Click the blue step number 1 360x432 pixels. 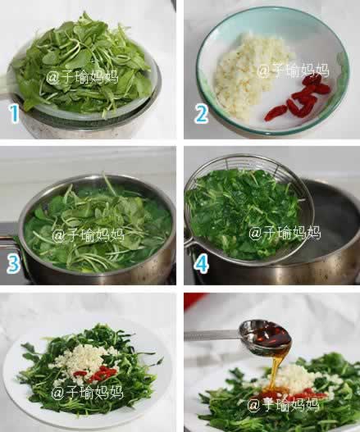coord(14,114)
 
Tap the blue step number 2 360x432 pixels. coord(201,114)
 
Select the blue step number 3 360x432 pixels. coord(13,264)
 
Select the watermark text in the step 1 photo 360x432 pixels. coord(82,77)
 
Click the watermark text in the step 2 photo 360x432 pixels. coord(293,70)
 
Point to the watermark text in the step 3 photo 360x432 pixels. coord(89,235)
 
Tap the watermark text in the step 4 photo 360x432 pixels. coord(285,233)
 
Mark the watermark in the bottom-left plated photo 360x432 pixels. coord(87,392)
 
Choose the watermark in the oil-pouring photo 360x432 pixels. coord(283,405)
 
